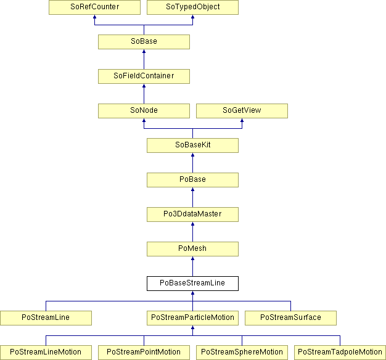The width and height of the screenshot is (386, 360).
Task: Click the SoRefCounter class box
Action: [x=94, y=7]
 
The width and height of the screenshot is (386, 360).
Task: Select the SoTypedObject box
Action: [x=192, y=7]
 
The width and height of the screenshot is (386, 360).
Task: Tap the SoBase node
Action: [x=144, y=42]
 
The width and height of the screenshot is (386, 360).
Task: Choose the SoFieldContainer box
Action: [x=144, y=76]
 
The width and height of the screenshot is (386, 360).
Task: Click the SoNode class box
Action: [x=144, y=111]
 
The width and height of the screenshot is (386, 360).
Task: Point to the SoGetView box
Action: [x=242, y=111]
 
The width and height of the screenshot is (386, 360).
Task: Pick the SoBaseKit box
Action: [x=192, y=145]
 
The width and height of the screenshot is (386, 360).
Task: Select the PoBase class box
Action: [x=192, y=180]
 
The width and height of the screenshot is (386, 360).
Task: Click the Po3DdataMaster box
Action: [x=192, y=215]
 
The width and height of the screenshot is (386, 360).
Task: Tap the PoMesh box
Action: [x=192, y=249]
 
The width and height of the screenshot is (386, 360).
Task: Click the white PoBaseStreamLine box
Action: [x=192, y=284]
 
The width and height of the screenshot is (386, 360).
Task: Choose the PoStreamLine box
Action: [x=46, y=318]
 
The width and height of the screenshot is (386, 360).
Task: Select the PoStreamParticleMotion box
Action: [x=192, y=318]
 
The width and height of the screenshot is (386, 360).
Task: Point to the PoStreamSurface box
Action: [x=290, y=318]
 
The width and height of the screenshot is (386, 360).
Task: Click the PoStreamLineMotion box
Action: [x=46, y=353]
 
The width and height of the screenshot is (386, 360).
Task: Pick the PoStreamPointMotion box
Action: [x=144, y=353]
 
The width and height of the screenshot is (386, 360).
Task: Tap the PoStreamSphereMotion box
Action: [x=242, y=353]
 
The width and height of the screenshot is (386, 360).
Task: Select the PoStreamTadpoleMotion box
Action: [x=340, y=353]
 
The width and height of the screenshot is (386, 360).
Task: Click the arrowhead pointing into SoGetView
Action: [x=242, y=120]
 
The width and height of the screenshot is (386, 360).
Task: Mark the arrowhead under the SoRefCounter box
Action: [x=94, y=17]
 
